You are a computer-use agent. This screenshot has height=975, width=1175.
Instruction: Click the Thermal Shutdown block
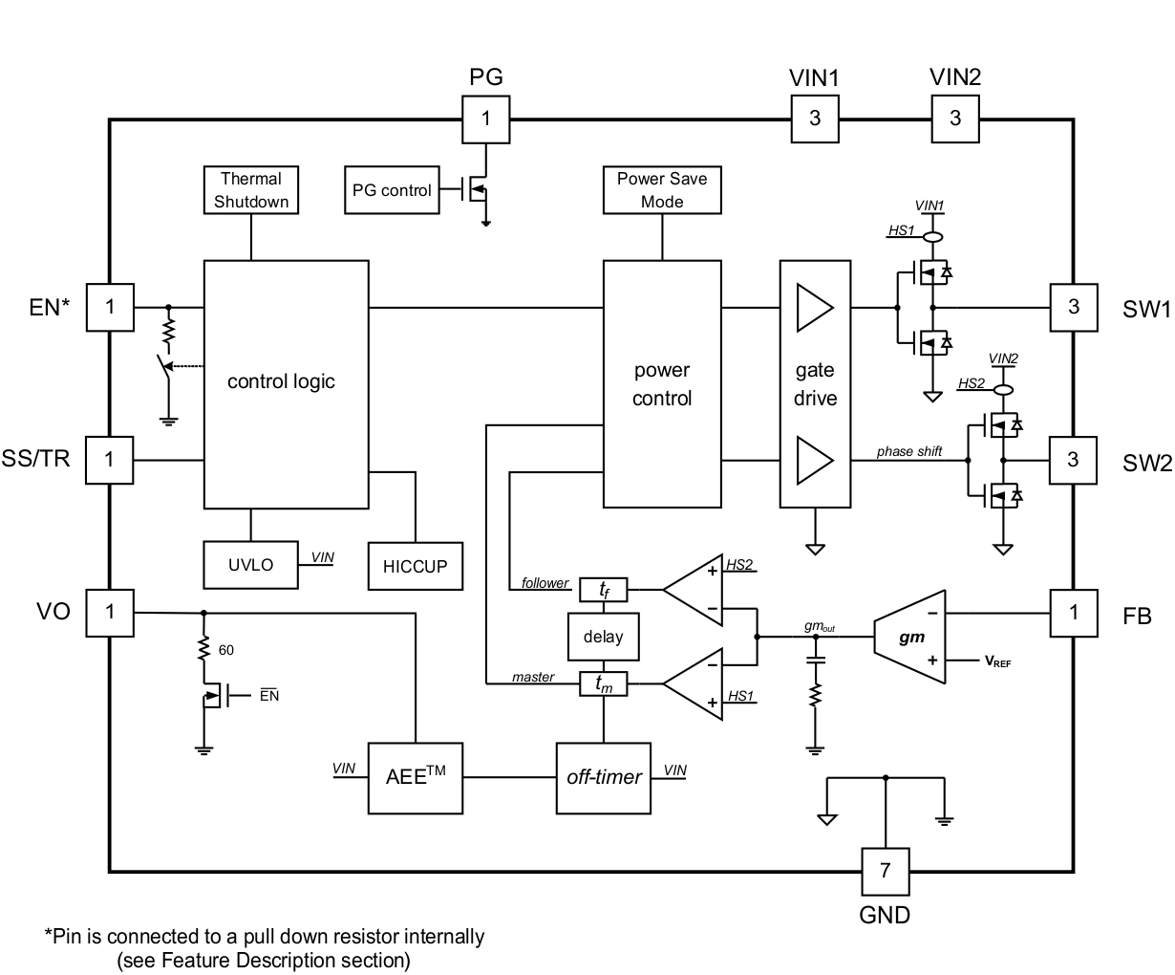click(x=251, y=189)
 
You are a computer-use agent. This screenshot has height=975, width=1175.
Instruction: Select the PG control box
click(x=392, y=190)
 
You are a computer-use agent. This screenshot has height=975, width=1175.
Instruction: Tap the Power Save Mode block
click(x=662, y=189)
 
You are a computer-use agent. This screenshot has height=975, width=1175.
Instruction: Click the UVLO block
click(x=250, y=565)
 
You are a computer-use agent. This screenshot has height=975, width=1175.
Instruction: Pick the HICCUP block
click(x=415, y=566)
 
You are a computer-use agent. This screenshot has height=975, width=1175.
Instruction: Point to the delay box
click(x=603, y=637)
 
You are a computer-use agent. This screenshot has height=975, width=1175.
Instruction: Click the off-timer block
click(x=603, y=777)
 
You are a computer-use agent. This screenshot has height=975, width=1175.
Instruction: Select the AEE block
click(x=415, y=777)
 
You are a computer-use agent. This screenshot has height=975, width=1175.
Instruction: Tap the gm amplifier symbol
click(x=910, y=637)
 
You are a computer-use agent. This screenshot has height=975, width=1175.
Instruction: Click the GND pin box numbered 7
click(x=885, y=870)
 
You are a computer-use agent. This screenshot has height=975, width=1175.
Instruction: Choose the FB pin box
click(x=1074, y=612)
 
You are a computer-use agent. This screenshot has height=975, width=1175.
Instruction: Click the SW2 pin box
click(x=1074, y=460)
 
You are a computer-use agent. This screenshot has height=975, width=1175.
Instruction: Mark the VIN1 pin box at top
click(x=815, y=119)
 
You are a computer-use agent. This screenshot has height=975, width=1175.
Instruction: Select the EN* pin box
click(x=110, y=307)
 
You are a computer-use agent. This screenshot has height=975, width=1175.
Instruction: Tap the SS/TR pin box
click(x=110, y=460)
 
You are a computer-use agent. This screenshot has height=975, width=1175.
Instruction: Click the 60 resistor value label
click(x=226, y=650)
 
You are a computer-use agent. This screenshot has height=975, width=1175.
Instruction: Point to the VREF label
click(x=997, y=661)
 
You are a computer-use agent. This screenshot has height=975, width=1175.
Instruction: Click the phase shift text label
click(x=909, y=451)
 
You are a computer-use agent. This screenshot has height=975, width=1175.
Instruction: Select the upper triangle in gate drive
click(x=814, y=307)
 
